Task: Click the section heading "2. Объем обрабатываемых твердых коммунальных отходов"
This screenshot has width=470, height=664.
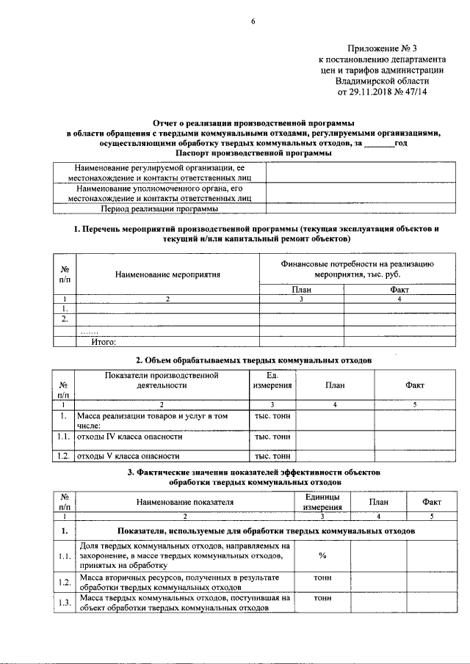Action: click(x=253, y=360)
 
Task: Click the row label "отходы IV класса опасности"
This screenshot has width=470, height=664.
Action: click(x=129, y=437)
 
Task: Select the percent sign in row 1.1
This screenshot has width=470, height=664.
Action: click(x=322, y=555)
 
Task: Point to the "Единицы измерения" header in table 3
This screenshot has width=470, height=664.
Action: click(x=322, y=502)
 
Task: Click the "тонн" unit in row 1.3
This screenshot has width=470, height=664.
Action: click(x=322, y=599)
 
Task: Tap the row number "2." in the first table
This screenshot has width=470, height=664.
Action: click(x=65, y=318)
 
